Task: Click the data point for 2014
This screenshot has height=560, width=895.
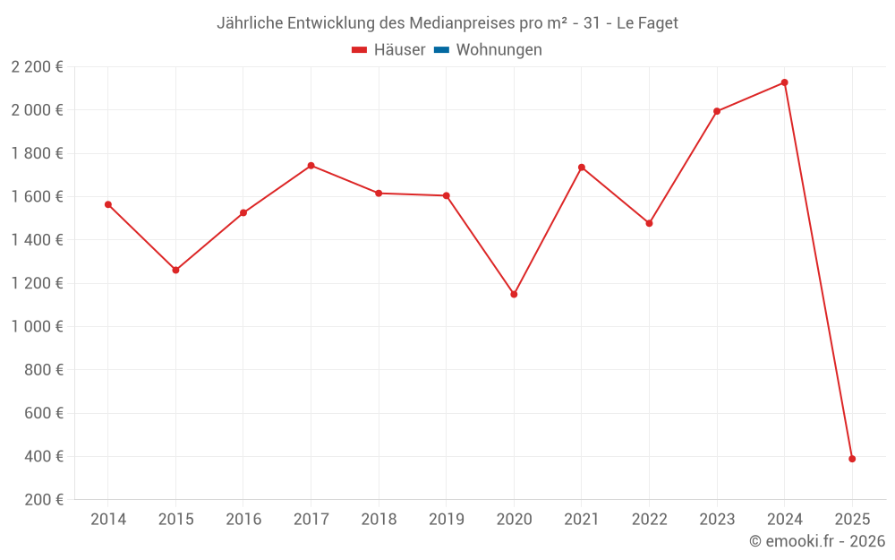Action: click(108, 204)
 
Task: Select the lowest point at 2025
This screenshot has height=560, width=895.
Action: click(852, 459)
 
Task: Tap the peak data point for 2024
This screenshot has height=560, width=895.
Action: click(785, 82)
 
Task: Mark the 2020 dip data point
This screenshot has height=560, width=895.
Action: click(514, 294)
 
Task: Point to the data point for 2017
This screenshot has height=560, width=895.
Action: click(311, 165)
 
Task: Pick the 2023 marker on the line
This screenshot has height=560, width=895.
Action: click(717, 111)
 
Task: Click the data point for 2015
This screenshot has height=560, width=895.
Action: click(175, 270)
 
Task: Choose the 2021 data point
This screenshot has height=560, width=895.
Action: click(582, 168)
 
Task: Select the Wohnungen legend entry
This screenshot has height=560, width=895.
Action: click(499, 50)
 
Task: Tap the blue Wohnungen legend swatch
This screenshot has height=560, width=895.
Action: click(441, 50)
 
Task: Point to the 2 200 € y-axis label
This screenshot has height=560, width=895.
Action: click(38, 66)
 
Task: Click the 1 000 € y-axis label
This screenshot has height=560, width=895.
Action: click(38, 326)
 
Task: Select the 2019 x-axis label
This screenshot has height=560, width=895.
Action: click(446, 520)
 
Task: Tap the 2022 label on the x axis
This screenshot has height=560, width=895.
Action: click(649, 520)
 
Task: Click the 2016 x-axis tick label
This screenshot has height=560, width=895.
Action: click(243, 520)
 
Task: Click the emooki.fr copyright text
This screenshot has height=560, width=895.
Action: click(817, 541)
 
